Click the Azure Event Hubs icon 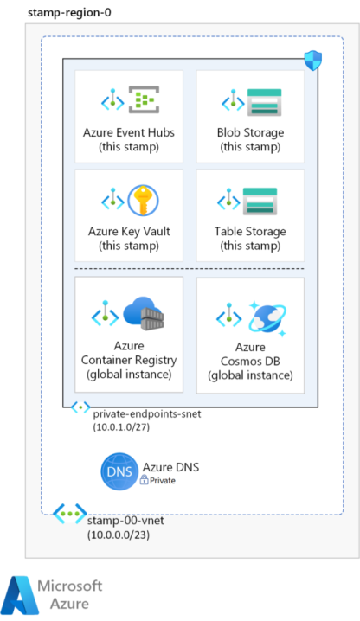[144, 99]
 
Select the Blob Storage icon [264, 102]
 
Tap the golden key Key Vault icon [143, 200]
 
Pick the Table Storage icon [260, 202]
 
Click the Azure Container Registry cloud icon [144, 313]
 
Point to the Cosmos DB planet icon [267, 318]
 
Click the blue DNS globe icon [119, 471]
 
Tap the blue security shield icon [312, 61]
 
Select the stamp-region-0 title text [69, 13]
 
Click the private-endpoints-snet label [147, 414]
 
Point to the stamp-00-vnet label [125, 520]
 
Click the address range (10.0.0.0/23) [119, 535]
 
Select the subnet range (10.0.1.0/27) [121, 427]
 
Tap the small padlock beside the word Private [144, 480]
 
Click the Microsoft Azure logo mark [20, 595]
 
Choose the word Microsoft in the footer [70, 586]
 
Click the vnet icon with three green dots [70, 513]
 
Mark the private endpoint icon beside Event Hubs [112, 99]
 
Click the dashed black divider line [190, 269]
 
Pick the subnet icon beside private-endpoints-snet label [80, 407]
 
